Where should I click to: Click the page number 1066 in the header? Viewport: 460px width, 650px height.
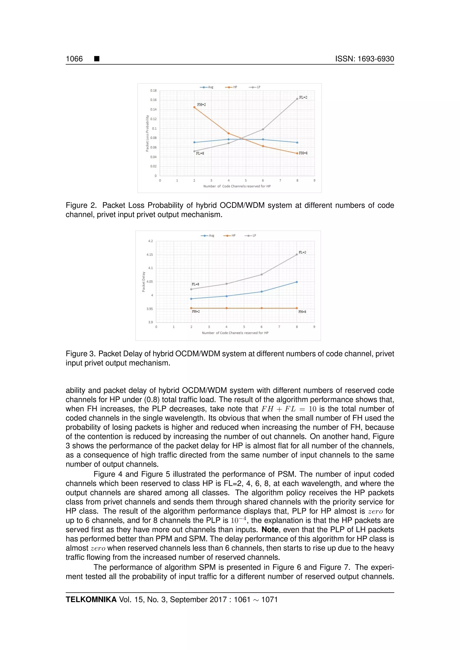click(74, 59)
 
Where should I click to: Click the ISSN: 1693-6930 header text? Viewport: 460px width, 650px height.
click(365, 59)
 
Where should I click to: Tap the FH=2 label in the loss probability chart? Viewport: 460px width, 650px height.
click(201, 105)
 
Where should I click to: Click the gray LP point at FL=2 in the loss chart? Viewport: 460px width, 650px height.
click(297, 99)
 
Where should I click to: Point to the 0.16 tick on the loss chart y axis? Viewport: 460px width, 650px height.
click(153, 100)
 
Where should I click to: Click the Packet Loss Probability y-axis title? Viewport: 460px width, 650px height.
click(147, 133)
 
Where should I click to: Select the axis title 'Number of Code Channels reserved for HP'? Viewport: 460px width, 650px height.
click(237, 186)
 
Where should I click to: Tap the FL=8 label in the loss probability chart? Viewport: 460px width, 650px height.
click(200, 154)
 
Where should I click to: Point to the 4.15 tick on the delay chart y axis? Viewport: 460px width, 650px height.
click(150, 255)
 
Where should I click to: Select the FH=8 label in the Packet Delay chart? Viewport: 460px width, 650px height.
click(302, 312)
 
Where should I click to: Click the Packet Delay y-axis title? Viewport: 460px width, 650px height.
click(144, 282)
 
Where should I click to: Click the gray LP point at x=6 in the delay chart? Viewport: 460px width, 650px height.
click(261, 274)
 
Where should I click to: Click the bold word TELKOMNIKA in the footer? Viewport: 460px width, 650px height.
click(91, 599)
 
